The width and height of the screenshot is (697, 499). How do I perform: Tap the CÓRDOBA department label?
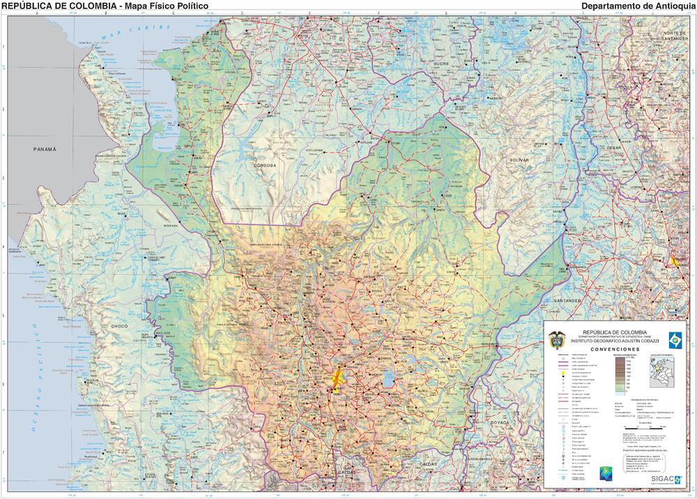(265, 165)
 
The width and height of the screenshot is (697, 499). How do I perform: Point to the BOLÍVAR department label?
(519, 160)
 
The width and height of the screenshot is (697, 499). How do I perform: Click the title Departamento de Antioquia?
(637, 6)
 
